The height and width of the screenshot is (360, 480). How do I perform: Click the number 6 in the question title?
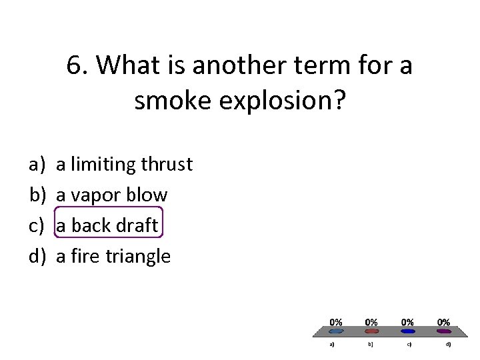click(74, 66)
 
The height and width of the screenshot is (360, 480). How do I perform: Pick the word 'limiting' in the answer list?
click(100, 164)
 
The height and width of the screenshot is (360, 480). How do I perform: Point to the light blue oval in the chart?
click(337, 331)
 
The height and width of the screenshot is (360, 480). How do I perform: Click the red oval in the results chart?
click(372, 331)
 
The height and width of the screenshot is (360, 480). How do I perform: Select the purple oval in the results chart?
click(443, 331)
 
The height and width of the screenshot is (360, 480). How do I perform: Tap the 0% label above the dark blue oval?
click(407, 322)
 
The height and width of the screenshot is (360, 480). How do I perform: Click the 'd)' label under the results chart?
click(448, 345)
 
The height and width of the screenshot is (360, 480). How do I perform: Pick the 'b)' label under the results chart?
click(371, 345)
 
